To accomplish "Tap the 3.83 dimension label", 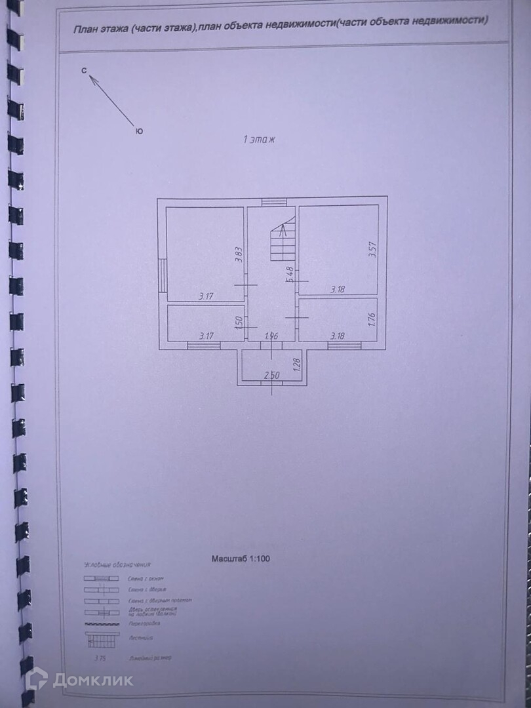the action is coord(240,254).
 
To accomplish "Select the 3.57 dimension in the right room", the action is coord(372,251).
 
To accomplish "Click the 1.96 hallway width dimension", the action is coord(271,336).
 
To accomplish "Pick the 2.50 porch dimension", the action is coord(271,375).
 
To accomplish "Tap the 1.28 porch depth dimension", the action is coord(296,364).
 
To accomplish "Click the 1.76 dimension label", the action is coord(371,320).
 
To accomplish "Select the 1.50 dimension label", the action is coord(240,322).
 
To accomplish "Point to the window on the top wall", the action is coord(269,202).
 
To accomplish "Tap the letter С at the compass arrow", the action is coord(85,70).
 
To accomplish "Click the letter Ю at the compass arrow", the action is coord(139,131).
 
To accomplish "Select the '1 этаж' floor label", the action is coord(261,139).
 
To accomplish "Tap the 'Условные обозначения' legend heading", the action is coord(117,564).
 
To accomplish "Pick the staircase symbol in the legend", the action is coord(102,638).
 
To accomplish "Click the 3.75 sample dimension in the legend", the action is coord(100,657).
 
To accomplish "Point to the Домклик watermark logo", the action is coord(79,679).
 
